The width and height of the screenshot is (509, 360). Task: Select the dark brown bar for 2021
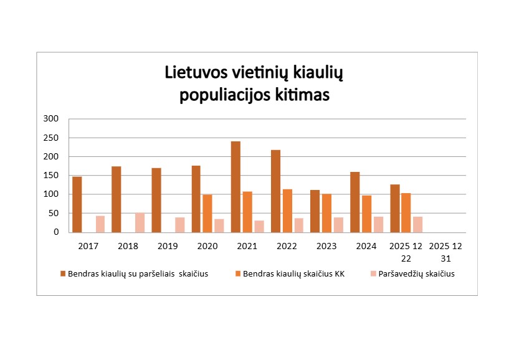point(235,186)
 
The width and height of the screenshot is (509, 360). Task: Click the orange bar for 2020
point(207,213)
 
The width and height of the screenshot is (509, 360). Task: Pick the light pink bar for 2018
point(140,222)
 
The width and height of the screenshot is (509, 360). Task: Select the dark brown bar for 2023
point(315,211)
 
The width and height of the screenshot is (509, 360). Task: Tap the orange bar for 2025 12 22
point(406,212)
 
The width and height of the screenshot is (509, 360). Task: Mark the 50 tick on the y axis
point(55,213)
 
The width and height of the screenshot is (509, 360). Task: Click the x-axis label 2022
point(287,246)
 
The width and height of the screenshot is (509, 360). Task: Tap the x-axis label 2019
point(167,246)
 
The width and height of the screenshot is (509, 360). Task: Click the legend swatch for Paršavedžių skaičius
point(373,273)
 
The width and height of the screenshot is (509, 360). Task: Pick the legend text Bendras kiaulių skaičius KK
point(293,273)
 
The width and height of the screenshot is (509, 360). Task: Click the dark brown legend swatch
point(63,273)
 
